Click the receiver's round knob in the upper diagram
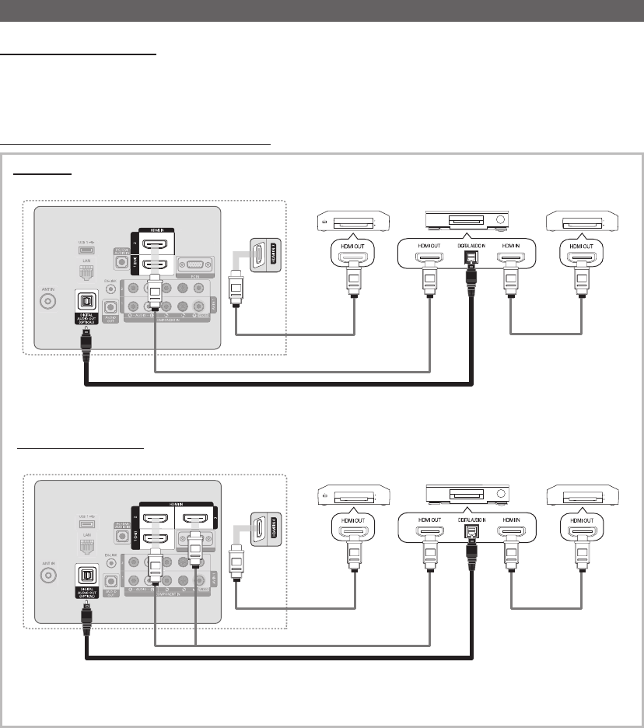(499, 219)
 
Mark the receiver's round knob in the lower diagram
(499, 495)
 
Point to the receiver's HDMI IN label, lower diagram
(512, 520)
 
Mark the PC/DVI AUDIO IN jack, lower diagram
(121, 530)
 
